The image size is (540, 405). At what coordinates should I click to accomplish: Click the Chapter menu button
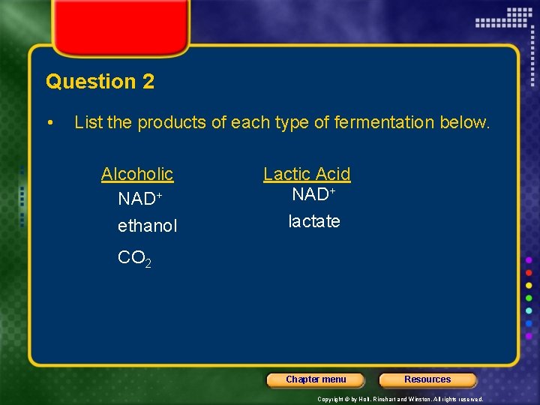click(316, 379)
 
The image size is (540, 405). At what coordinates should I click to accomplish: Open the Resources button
click(427, 379)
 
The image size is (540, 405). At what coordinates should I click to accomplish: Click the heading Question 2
click(100, 82)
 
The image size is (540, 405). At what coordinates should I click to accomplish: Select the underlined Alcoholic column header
click(137, 174)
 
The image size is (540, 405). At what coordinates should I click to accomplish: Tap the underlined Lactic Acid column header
click(307, 174)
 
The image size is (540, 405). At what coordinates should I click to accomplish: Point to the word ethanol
click(148, 226)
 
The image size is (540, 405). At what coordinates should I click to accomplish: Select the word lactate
click(314, 221)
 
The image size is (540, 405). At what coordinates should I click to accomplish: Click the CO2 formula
click(135, 259)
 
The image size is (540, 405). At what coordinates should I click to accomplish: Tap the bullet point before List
click(49, 122)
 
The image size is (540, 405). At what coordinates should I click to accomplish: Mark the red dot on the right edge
click(529, 272)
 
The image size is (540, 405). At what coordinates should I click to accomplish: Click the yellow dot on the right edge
click(529, 285)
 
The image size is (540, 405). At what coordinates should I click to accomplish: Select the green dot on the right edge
click(529, 298)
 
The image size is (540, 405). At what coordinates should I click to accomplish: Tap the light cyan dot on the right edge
click(529, 310)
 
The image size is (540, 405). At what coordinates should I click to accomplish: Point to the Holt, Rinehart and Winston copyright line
click(400, 399)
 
